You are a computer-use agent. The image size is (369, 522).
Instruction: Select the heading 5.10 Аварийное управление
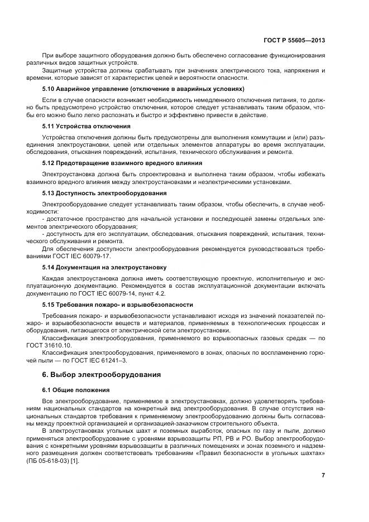tap(143, 89)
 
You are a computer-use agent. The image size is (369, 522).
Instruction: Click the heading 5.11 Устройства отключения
tap(87, 126)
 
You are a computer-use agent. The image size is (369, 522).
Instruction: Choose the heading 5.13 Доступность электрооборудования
tap(105, 193)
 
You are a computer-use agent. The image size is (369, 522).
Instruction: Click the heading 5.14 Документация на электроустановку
tap(104, 268)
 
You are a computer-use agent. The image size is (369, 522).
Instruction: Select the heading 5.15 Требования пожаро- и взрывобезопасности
tap(118, 304)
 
